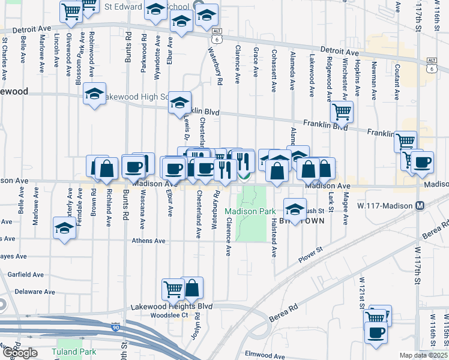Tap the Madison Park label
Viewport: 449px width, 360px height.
(x=250, y=211)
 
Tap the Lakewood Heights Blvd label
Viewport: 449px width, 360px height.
(x=172, y=307)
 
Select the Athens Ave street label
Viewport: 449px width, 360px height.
(x=149, y=241)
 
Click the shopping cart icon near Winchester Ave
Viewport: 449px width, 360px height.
(x=342, y=111)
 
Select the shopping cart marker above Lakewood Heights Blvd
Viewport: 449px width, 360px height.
(x=173, y=289)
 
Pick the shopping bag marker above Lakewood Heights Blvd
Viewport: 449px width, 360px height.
(x=193, y=289)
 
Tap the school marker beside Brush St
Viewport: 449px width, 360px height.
(x=295, y=209)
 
